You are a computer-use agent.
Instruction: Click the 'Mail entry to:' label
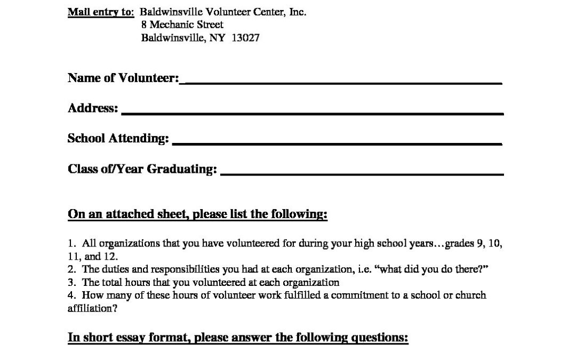pyautogui.click(x=101, y=12)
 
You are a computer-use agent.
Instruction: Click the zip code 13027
pyautogui.click(x=246, y=38)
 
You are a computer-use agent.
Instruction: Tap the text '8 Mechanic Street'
pyautogui.click(x=182, y=25)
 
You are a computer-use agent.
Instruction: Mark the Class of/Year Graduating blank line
pyautogui.click(x=362, y=174)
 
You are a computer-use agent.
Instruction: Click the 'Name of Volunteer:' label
pyautogui.click(x=123, y=78)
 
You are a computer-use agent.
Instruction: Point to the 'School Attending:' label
pyautogui.click(x=118, y=139)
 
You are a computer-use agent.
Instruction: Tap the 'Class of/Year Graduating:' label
pyautogui.click(x=142, y=169)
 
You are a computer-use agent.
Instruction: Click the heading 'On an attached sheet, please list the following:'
pyautogui.click(x=197, y=214)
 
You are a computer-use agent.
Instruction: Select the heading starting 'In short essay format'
pyautogui.click(x=238, y=338)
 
